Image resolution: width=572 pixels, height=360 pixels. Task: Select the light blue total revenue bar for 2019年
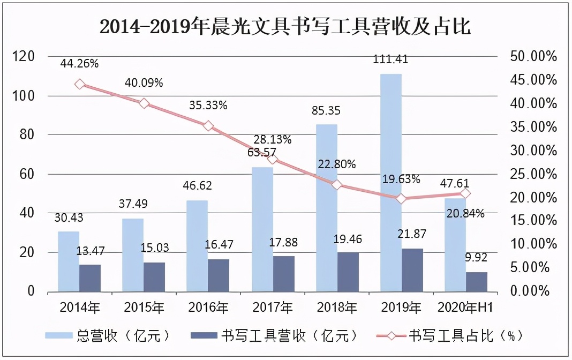point(390,182)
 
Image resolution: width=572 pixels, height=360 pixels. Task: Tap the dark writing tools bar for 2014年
point(90,278)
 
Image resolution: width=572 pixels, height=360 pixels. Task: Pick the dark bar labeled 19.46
point(348,272)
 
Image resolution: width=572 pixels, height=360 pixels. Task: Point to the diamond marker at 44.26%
point(80,84)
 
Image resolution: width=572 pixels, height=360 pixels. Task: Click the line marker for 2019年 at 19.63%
point(401,199)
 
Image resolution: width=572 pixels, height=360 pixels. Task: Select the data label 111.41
point(391,59)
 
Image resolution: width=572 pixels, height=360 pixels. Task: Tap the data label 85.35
point(327,111)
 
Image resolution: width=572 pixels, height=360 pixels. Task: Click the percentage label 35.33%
point(208,106)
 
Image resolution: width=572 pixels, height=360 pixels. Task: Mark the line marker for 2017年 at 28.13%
point(273,159)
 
